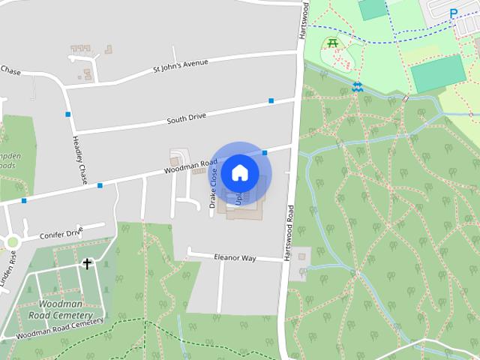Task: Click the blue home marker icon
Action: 239,172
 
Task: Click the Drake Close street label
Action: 214,188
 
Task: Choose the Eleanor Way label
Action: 235,258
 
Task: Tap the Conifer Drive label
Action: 61,233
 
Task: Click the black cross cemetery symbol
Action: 88,264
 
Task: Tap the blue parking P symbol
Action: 453,13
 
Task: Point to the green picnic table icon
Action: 332,43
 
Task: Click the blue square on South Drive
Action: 271,100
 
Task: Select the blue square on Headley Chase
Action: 68,114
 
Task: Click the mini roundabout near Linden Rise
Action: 12,241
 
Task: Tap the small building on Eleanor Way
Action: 301,256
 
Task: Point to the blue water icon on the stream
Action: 358,87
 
